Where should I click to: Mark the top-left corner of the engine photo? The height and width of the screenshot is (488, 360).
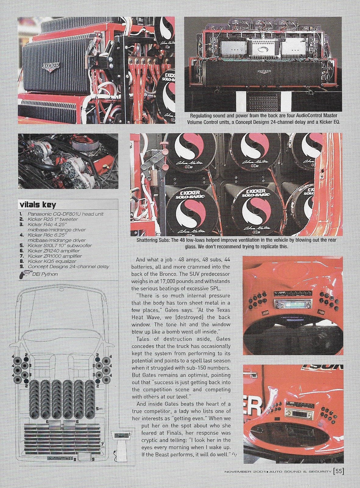[18, 133]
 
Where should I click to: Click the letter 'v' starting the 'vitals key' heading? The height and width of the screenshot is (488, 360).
[22, 205]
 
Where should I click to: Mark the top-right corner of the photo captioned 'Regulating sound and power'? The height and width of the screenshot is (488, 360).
[342, 17]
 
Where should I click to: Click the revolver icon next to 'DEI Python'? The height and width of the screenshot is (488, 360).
[23, 274]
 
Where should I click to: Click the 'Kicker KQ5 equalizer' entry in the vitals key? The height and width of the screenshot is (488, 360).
[52, 261]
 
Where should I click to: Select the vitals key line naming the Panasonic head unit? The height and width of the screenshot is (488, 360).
[66, 214]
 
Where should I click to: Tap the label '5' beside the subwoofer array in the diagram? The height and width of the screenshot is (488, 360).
[97, 409]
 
